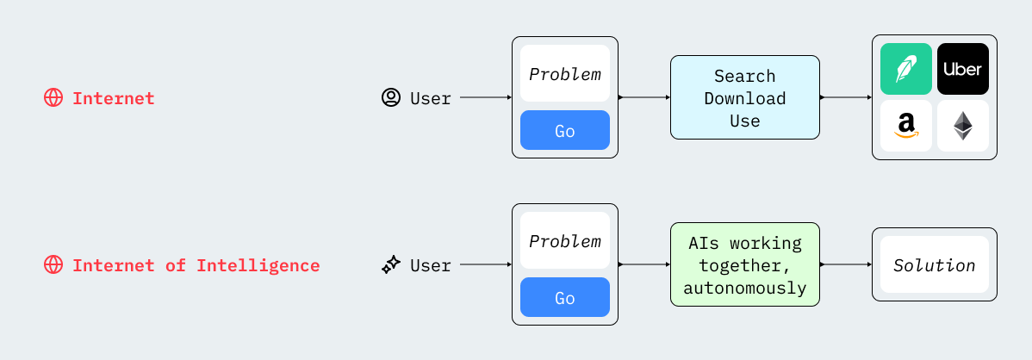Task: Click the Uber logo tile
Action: [x=963, y=69]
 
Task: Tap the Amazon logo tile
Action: [x=906, y=126]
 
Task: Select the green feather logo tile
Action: [x=906, y=69]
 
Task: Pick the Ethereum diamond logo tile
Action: [x=963, y=126]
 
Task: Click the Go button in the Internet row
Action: [x=565, y=130]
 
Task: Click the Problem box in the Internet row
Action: [x=565, y=73]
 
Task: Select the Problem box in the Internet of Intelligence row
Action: [x=565, y=240]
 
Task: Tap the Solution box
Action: [x=935, y=264]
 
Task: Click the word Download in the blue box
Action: [x=745, y=98]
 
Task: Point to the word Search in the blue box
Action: [x=745, y=76]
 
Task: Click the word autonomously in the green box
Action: [x=745, y=288]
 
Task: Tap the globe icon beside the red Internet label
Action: [x=53, y=98]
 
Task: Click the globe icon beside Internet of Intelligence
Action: [x=53, y=265]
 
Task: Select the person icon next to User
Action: [x=391, y=98]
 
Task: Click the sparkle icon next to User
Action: [x=391, y=265]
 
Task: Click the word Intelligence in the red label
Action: [x=258, y=265]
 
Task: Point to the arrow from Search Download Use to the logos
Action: [x=846, y=97]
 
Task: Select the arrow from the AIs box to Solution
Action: [x=846, y=264]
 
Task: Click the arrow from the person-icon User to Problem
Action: [x=486, y=97]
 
